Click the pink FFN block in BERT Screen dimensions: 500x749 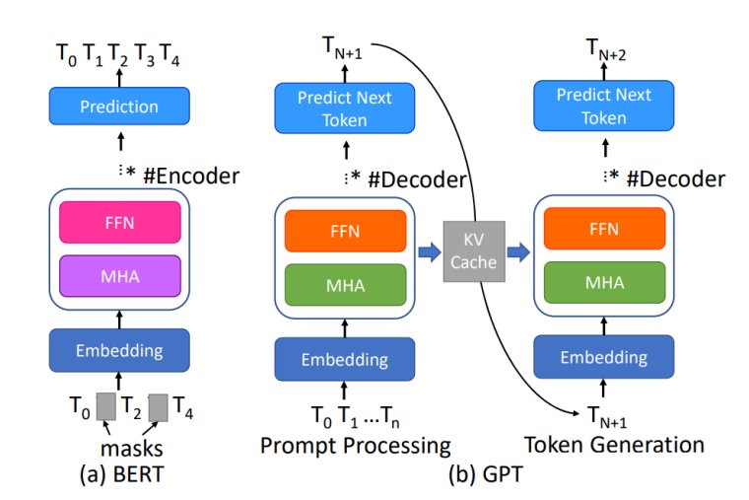coord(120,223)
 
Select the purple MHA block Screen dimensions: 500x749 coord(120,275)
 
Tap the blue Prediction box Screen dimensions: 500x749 coord(119,106)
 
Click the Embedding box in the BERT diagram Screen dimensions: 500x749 coord(119,347)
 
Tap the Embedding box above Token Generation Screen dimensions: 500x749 coord(602,358)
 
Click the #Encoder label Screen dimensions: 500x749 coord(191,178)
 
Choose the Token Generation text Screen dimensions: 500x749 coord(614,445)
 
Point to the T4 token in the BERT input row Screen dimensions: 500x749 coord(184,406)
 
